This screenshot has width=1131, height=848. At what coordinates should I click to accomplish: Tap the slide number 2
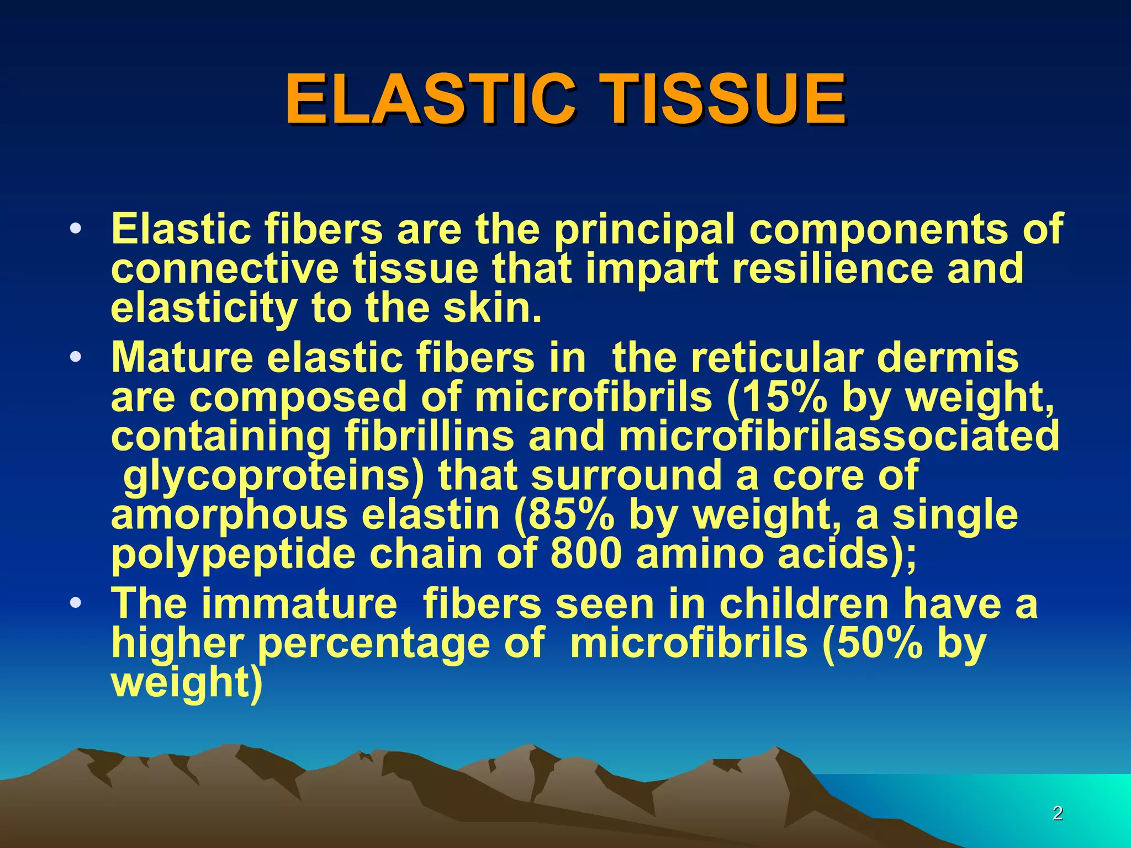1058,813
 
